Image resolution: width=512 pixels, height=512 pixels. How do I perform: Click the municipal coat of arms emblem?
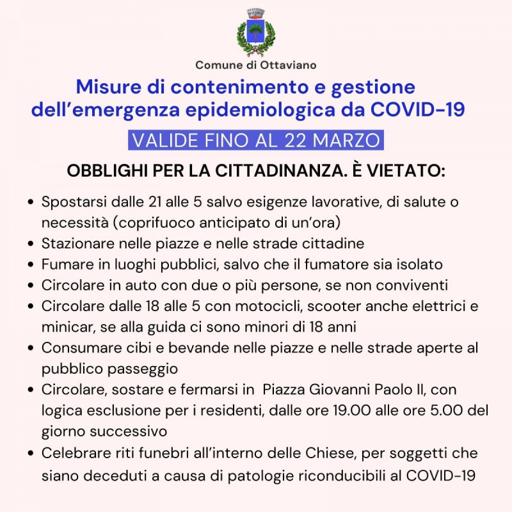coord(256,33)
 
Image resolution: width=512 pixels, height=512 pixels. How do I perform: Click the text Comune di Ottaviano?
coord(256,65)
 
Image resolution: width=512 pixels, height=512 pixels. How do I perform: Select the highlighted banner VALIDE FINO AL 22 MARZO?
coord(256,140)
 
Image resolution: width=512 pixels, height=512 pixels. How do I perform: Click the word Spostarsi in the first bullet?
coord(69,202)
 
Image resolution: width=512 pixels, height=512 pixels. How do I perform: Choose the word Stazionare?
coord(75,244)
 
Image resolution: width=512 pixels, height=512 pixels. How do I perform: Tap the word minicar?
coord(64,327)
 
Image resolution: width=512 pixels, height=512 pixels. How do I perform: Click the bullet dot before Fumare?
coord(31,265)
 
